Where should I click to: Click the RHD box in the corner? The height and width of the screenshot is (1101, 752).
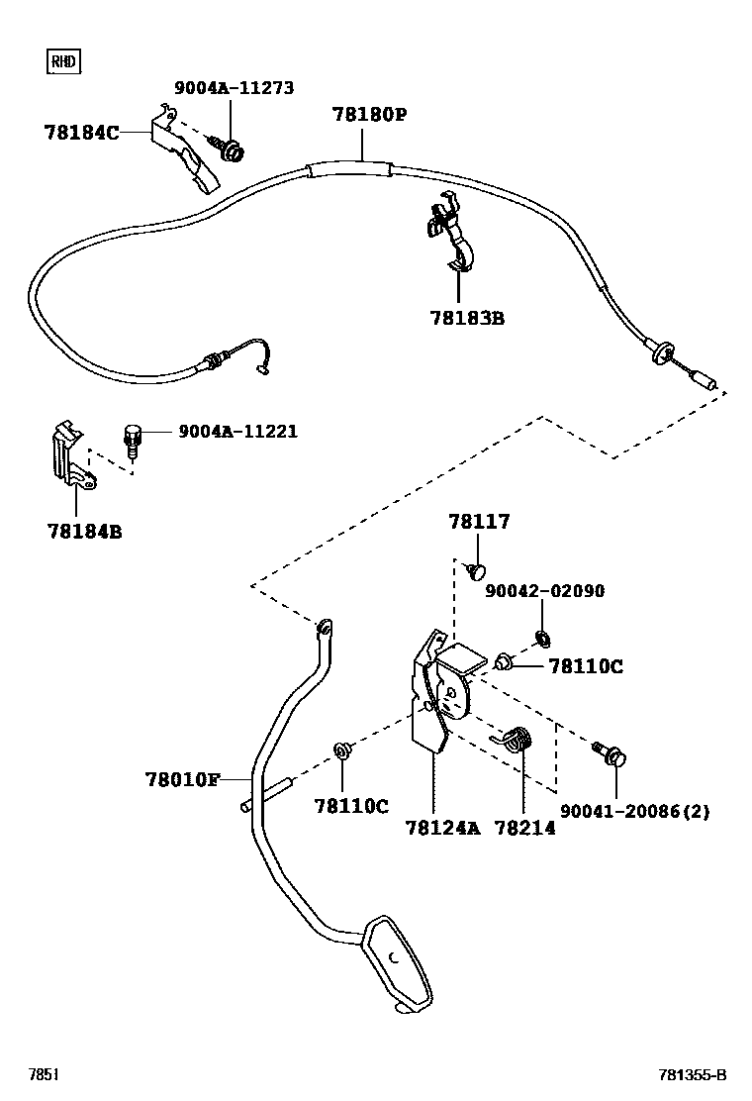pyautogui.click(x=63, y=62)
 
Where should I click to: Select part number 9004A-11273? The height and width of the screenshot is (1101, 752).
pyautogui.click(x=235, y=88)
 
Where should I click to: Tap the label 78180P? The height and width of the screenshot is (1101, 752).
pyautogui.click(x=369, y=115)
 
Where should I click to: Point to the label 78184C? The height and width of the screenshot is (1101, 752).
pyautogui.click(x=81, y=132)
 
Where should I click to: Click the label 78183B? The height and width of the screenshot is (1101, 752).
pyautogui.click(x=467, y=319)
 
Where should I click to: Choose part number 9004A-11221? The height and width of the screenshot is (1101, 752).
pyautogui.click(x=237, y=432)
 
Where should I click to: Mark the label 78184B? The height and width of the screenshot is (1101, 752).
pyautogui.click(x=84, y=532)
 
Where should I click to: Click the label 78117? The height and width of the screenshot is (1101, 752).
pyautogui.click(x=479, y=522)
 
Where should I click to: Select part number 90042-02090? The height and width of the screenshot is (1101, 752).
pyautogui.click(x=544, y=591)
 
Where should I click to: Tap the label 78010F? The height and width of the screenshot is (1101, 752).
pyautogui.click(x=183, y=779)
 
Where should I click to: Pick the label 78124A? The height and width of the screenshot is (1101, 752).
pyautogui.click(x=442, y=828)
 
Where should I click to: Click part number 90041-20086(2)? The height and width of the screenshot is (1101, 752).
pyautogui.click(x=634, y=812)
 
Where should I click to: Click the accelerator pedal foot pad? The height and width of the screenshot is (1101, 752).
pyautogui.click(x=398, y=960)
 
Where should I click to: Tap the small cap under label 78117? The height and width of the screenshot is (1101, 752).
pyautogui.click(x=477, y=570)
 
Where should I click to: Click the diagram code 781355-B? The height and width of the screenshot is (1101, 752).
pyautogui.click(x=693, y=1075)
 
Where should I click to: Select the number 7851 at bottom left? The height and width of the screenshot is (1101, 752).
pyautogui.click(x=43, y=1075)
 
